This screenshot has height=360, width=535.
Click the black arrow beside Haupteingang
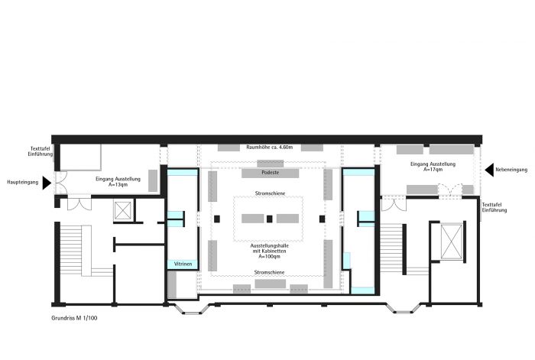click(x=46, y=183)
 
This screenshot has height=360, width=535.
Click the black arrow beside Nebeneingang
click(x=490, y=170)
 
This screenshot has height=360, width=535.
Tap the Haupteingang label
click(x=23, y=183)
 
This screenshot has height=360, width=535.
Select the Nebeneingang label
click(x=511, y=170)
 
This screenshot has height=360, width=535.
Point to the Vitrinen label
click(x=183, y=264)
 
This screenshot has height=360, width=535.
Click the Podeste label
click(x=271, y=173)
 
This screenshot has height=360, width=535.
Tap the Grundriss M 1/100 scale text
click(x=74, y=318)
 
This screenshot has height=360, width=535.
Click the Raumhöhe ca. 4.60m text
click(x=270, y=148)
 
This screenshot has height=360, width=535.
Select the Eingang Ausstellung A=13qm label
click(x=118, y=182)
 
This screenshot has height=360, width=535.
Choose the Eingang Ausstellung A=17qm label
click(x=433, y=167)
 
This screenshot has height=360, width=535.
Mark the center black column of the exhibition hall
click(x=270, y=219)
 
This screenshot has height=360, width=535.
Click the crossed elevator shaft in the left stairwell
click(x=123, y=210)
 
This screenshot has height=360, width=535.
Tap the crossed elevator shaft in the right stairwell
click(x=451, y=242)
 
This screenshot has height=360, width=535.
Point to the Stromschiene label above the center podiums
click(x=270, y=193)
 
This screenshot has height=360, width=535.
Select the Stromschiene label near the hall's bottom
click(x=269, y=272)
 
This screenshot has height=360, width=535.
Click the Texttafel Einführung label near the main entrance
click(x=41, y=151)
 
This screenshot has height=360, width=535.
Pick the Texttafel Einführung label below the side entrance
click(x=494, y=207)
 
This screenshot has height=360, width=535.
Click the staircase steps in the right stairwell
click(x=391, y=248)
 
